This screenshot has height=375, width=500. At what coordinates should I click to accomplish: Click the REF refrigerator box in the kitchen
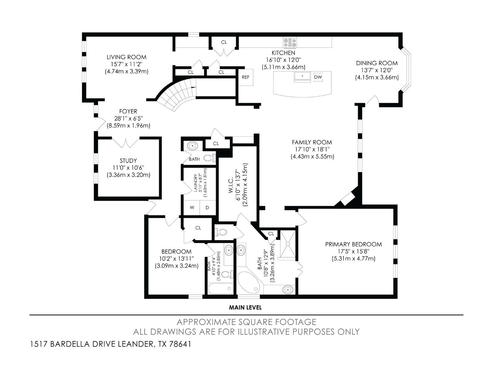[245, 77]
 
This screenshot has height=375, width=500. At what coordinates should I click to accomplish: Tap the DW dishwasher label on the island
[318, 77]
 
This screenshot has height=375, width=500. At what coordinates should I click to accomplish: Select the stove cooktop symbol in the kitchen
[290, 42]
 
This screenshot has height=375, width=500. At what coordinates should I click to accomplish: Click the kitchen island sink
[302, 76]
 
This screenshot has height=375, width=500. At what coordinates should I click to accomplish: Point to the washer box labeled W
[192, 208]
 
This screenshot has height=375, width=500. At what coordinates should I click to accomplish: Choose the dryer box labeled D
[207, 208]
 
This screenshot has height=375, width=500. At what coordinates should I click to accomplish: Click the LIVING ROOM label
[126, 57]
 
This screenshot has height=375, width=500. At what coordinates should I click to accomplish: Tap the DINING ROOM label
[377, 63]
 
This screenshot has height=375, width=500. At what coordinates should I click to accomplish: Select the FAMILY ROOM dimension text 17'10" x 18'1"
[312, 149]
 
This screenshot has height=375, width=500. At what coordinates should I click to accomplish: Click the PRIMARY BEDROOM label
[353, 244]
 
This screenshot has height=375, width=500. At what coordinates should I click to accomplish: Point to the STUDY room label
[128, 160]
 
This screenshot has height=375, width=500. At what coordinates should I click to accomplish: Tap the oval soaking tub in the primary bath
[248, 282]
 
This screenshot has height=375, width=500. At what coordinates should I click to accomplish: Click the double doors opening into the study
[125, 143]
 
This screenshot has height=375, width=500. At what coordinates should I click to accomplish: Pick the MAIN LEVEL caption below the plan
[245, 307]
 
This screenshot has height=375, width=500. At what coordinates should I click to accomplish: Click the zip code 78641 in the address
[180, 344]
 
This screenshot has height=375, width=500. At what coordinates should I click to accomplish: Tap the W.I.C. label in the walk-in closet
[230, 186]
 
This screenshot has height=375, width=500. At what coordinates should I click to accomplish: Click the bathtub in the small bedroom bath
[220, 288]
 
